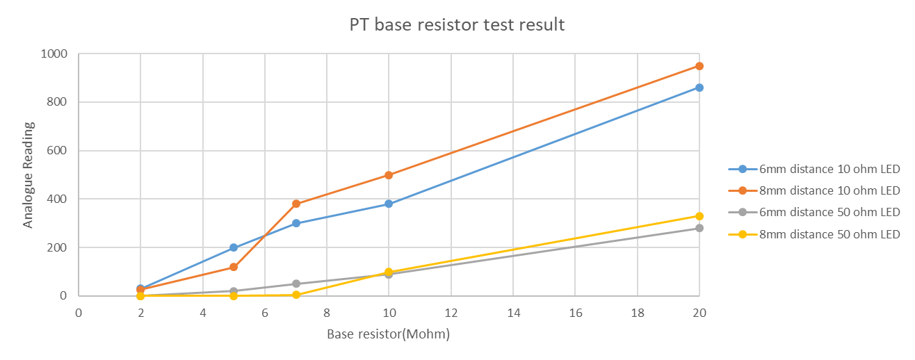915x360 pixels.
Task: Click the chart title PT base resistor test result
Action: pos(457,25)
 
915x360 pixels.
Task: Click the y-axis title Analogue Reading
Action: pos(28,174)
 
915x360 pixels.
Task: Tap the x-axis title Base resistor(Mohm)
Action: pos(388,334)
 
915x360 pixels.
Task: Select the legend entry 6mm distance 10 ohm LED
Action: pos(814,169)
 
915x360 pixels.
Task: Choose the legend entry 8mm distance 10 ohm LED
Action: pos(814,190)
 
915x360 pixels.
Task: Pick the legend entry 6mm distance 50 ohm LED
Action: pos(814,212)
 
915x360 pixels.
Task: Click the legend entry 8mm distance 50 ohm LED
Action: pos(814,234)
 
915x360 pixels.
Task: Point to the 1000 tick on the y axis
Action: pos(54,54)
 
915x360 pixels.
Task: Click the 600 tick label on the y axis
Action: pos(57,150)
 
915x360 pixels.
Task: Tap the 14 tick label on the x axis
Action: pos(513,313)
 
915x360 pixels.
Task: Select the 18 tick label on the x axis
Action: pos(638,313)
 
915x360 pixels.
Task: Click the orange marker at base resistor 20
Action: pos(699,66)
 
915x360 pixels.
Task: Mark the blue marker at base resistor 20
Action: pos(699,88)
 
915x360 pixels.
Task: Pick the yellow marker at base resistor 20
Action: pos(699,216)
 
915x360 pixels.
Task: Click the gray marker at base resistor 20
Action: pos(699,228)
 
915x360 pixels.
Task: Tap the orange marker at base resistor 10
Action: pos(389,175)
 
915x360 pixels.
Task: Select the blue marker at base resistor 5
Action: pos(234,247)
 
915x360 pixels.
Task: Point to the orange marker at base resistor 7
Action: pos(296,204)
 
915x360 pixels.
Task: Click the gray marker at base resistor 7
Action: pos(296,284)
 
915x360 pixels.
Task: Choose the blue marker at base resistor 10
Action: pos(389,204)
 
